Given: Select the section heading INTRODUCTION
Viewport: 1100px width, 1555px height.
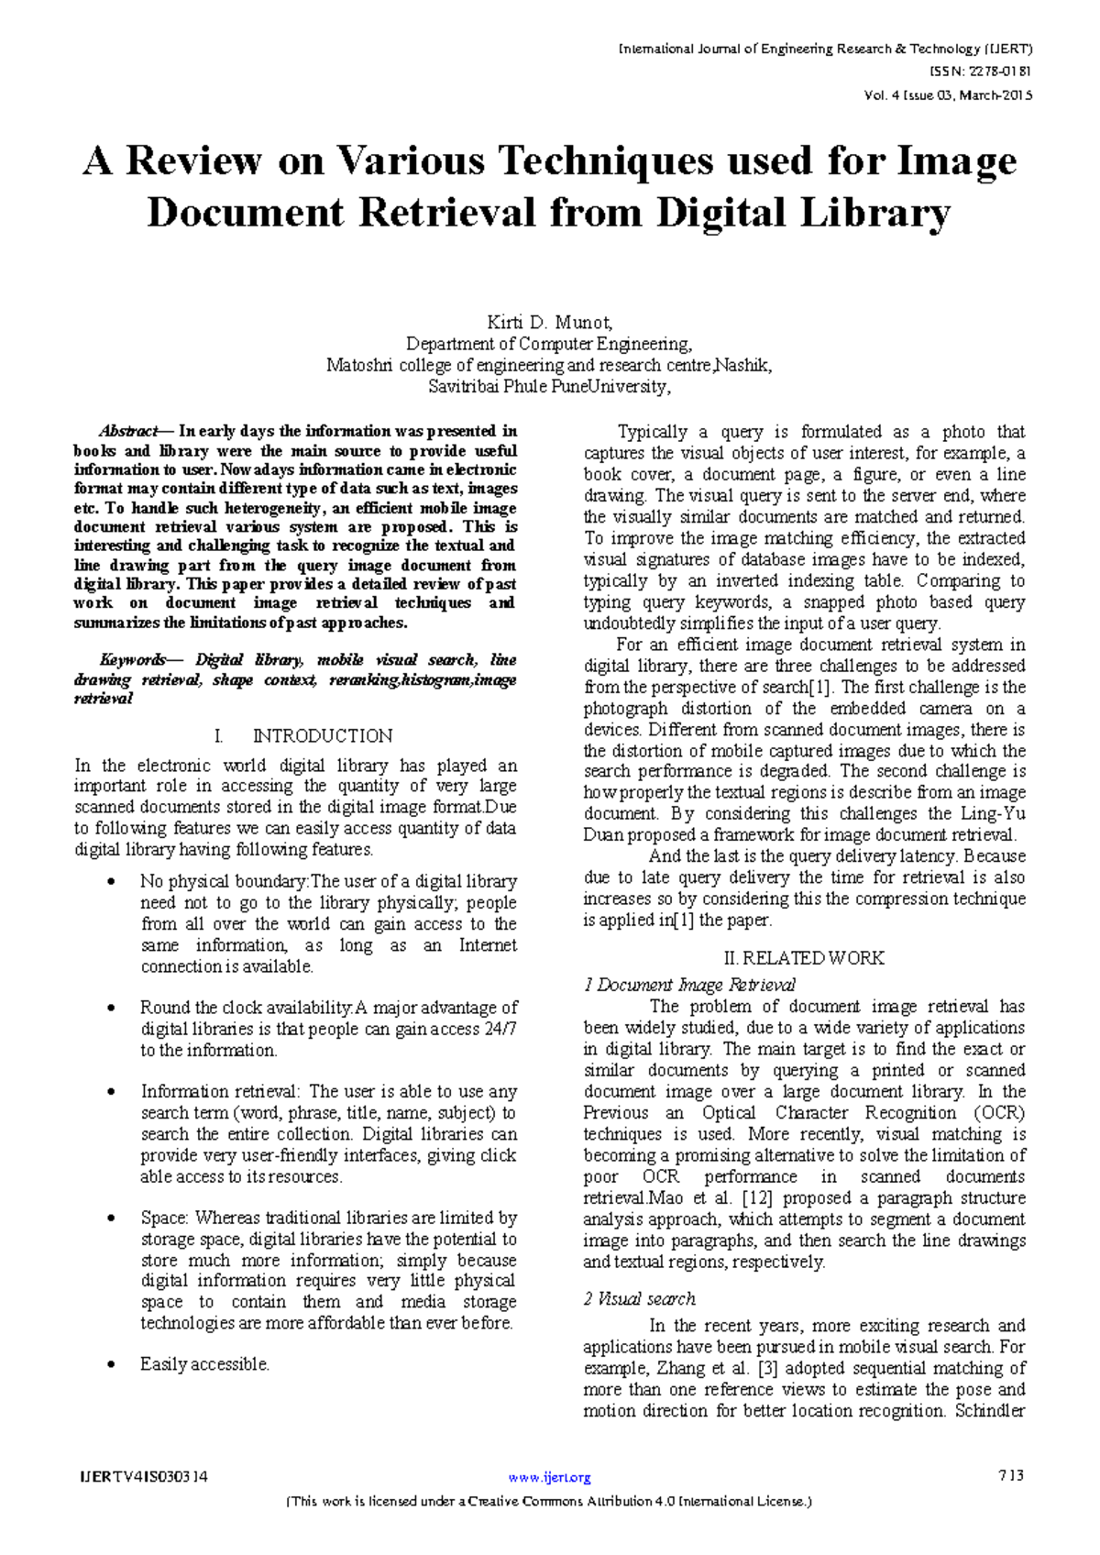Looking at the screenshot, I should click(322, 736).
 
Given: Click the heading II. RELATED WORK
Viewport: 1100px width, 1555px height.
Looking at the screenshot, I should click(804, 958).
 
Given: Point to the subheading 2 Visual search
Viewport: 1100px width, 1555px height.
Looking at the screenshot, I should click(640, 1299).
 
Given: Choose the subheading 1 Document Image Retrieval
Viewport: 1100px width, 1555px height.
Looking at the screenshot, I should click(689, 986).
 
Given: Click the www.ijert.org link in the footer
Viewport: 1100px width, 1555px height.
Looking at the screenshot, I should click(549, 1477).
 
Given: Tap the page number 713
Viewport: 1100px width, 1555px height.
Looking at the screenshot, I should click(1011, 1476).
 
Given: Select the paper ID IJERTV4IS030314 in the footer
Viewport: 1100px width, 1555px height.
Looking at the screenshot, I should click(145, 1477).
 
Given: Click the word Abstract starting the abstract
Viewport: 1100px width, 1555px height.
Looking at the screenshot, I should click(128, 432).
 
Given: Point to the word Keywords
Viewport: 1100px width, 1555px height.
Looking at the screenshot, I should click(133, 660).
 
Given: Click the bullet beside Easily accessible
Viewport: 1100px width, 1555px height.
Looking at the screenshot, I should click(112, 1365).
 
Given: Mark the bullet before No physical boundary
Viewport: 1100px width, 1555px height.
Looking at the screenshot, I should click(112, 882).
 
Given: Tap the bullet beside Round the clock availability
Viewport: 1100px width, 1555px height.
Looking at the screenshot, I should click(112, 1009).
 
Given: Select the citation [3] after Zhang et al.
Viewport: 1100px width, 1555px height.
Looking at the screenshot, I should click(767, 1368).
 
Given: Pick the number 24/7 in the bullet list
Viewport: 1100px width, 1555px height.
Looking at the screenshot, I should click(500, 1029).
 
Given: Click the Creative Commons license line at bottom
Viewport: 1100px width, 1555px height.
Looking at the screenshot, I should click(549, 1502).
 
